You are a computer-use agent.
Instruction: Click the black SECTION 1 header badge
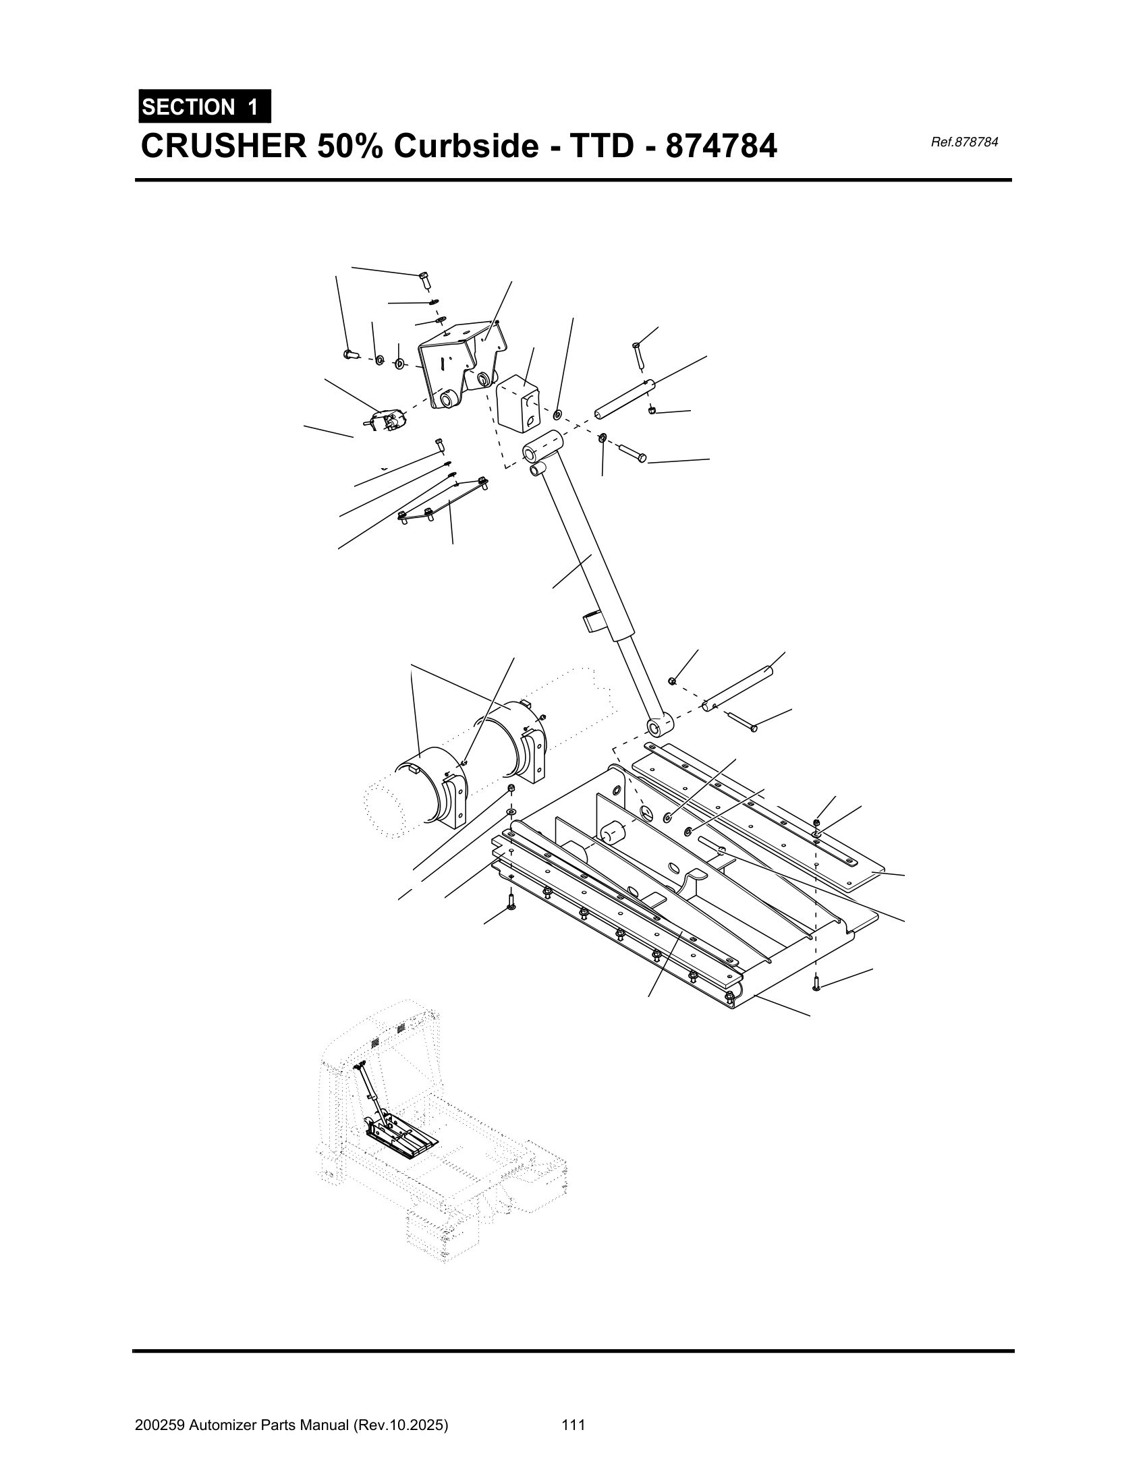click(204, 107)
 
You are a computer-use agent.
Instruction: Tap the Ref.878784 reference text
click(964, 142)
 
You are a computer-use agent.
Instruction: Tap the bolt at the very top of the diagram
click(424, 279)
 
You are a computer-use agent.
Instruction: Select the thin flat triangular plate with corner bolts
click(444, 499)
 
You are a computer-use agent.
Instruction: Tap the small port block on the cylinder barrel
click(593, 622)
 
